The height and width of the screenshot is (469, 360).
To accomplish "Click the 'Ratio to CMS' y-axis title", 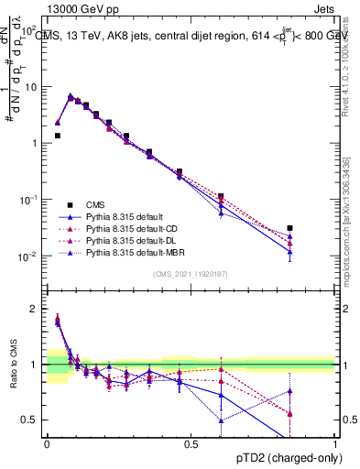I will pyautogui.click(x=14, y=365).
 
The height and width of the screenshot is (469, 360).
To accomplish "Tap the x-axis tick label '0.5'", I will pyautogui.click(x=191, y=444).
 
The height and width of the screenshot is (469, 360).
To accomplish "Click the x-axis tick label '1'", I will pyautogui.click(x=334, y=444).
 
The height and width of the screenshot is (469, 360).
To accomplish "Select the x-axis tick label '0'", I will pyautogui.click(x=47, y=444).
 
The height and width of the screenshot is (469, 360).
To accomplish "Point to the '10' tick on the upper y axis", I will pyautogui.click(x=33, y=87).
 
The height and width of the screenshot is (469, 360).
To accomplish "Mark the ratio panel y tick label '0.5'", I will pyautogui.click(x=32, y=420).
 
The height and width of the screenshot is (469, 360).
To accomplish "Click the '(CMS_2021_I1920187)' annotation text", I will pyautogui.click(x=191, y=273).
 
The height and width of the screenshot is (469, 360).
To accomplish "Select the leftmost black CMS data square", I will pyautogui.click(x=57, y=136).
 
